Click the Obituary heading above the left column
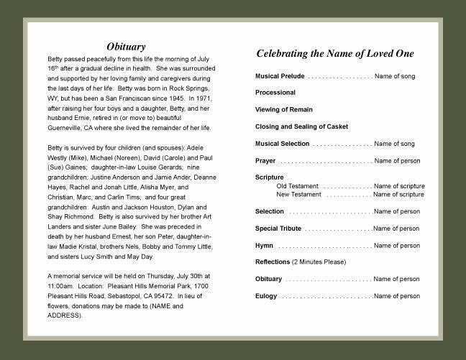click(126, 47)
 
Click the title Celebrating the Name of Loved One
click(335, 53)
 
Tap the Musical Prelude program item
click(280, 75)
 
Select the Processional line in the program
click(275, 93)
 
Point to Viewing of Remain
click(284, 110)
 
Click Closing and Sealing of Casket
click(301, 126)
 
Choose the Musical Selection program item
click(283, 144)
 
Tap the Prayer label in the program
click(265, 161)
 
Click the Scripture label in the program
click(270, 177)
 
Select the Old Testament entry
click(298, 186)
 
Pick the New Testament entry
click(298, 195)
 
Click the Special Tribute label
click(278, 229)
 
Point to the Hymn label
click(264, 246)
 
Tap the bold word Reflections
click(273, 262)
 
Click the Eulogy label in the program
click(266, 296)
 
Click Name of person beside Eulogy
click(396, 296)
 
